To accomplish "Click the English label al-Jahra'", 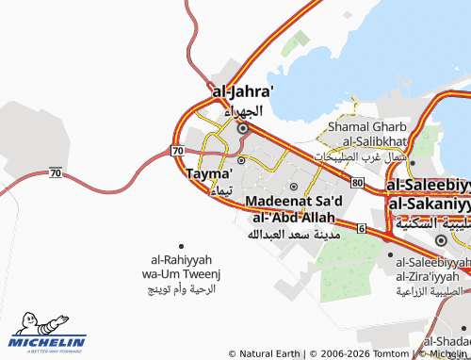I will (244, 92).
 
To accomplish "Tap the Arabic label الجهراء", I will (244, 110).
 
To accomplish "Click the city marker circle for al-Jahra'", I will (243, 128).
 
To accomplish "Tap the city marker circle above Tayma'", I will (241, 160).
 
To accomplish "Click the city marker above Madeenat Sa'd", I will (293, 186).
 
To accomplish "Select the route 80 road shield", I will (355, 181).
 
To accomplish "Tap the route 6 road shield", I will (362, 228).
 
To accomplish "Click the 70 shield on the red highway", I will (178, 151).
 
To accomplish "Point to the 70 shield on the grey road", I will (56, 173).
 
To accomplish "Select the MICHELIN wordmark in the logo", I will (50, 341).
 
